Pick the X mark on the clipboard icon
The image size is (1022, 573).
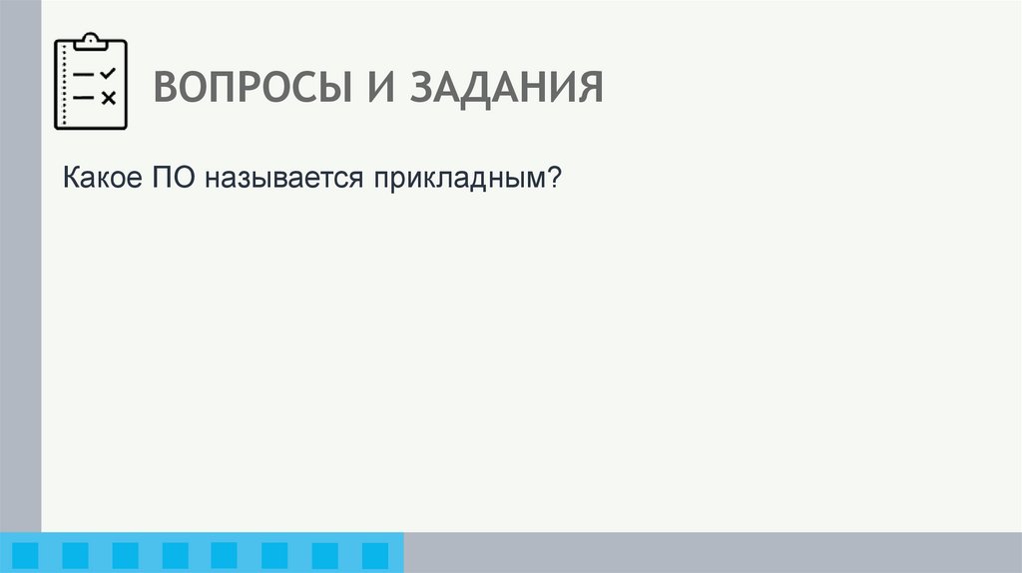point(109,98)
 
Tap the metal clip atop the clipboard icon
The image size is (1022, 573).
point(91,41)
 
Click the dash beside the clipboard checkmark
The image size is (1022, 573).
point(85,75)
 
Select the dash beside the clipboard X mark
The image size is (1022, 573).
point(85,98)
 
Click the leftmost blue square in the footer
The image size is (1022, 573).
point(25,554)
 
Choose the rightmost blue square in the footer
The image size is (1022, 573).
point(374,554)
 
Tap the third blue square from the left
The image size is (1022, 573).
point(125,554)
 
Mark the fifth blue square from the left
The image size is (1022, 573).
point(225,554)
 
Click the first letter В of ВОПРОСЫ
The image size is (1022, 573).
point(166,87)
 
